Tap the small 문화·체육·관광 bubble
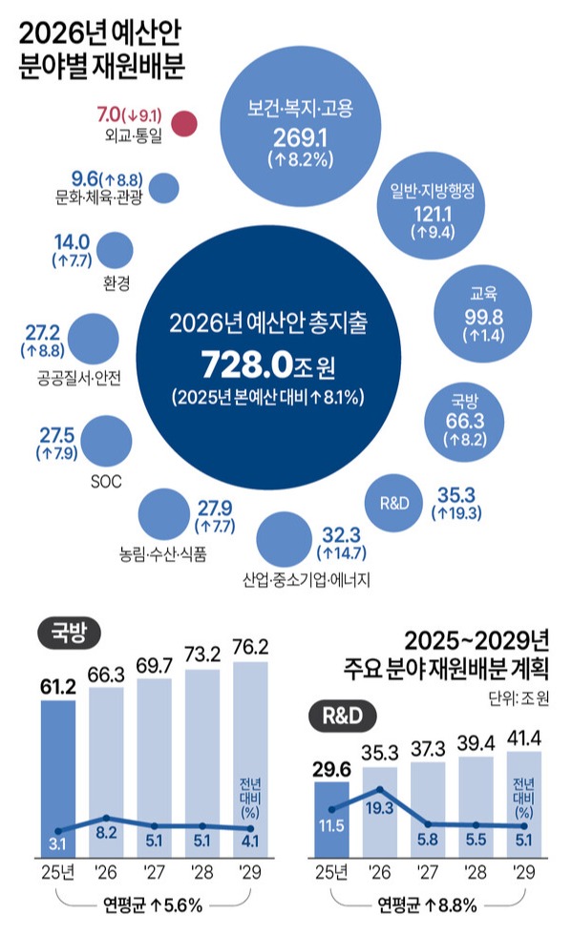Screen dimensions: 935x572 pos(165,187)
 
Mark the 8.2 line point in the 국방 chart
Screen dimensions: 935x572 pos(106,819)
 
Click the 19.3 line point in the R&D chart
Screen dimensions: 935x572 pos(380,789)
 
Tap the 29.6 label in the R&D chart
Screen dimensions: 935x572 pos(331,765)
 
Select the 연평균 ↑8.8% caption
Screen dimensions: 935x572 pos(427,904)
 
